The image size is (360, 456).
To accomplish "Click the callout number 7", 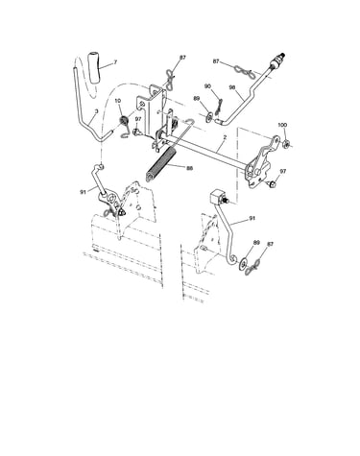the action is coord(115,61).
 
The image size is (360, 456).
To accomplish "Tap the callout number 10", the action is coord(118,101).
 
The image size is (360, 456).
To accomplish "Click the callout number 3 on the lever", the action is coord(97,111).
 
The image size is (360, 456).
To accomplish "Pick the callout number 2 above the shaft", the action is coord(225,137).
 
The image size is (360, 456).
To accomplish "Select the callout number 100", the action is coord(282,125).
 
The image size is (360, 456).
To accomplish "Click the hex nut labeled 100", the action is coord(287,144).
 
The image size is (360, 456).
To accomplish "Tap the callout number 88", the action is coord(189,168).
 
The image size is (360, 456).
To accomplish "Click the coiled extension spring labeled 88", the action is coord(161,163).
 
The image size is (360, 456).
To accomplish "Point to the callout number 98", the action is coord(232,86).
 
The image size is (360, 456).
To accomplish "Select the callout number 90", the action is coord(207,86).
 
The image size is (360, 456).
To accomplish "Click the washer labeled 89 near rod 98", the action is coord(209,116).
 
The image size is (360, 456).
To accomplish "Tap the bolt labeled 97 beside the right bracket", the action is coord(272,183).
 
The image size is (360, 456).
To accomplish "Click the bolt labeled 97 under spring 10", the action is coord(136,131).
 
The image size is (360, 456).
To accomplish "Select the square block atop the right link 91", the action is coord(218,197).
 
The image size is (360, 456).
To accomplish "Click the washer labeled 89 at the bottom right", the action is coord(243,263).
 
